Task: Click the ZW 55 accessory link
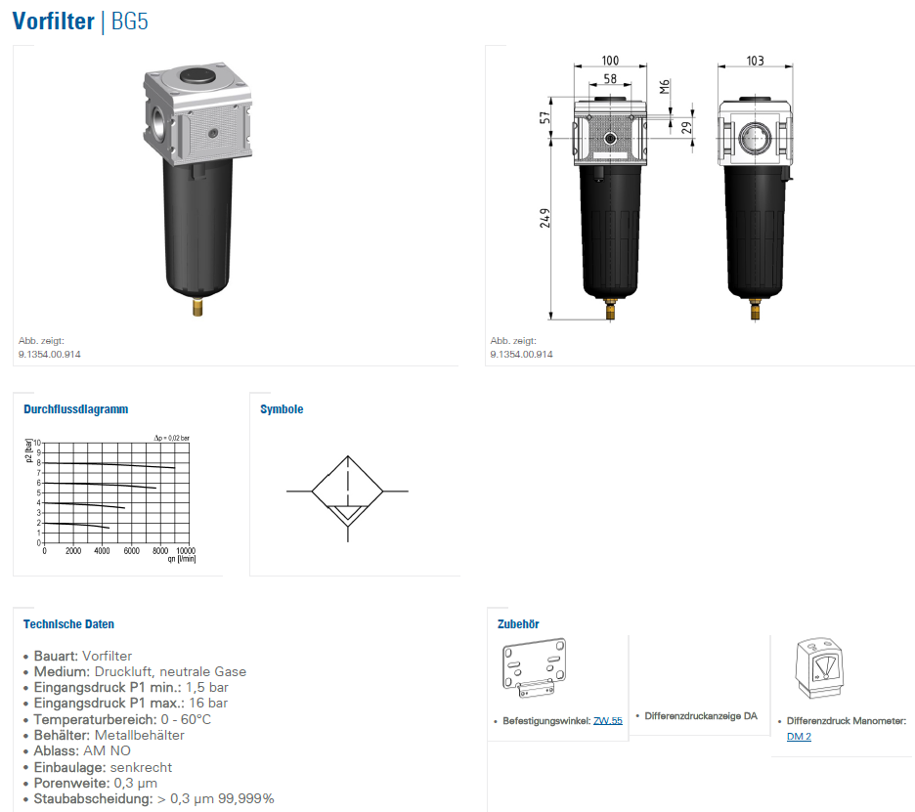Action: click(607, 721)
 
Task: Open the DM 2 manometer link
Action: click(799, 737)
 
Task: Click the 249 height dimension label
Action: click(545, 218)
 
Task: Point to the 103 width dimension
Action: click(755, 61)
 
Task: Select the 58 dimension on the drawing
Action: click(610, 79)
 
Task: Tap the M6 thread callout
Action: click(665, 87)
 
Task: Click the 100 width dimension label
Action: click(610, 61)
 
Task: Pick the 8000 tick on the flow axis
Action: click(160, 551)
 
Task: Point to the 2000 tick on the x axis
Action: click(73, 551)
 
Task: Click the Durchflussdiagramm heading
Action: click(76, 409)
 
